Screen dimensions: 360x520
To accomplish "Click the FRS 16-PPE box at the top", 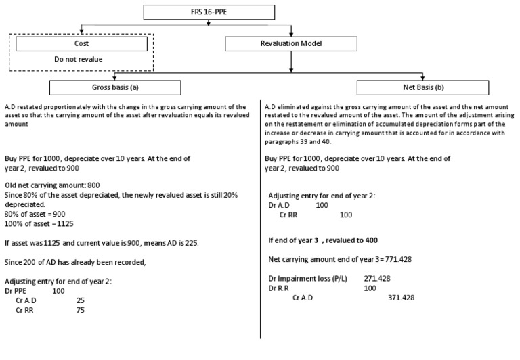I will pyautogui.click(x=209, y=12).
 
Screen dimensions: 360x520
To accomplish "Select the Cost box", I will pyautogui.click(x=81, y=43).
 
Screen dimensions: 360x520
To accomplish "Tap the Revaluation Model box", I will pyautogui.click(x=291, y=44).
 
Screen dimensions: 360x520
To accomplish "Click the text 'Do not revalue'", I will pyautogui.click(x=79, y=59).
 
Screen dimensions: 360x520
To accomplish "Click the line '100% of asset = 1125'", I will pyautogui.click(x=37, y=223).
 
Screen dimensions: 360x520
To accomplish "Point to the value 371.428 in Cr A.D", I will pyautogui.click(x=401, y=297).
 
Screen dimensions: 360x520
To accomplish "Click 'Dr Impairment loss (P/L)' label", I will pyautogui.click(x=305, y=277).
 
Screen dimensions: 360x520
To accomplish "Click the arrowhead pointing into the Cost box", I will pyautogui.click(x=81, y=34).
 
